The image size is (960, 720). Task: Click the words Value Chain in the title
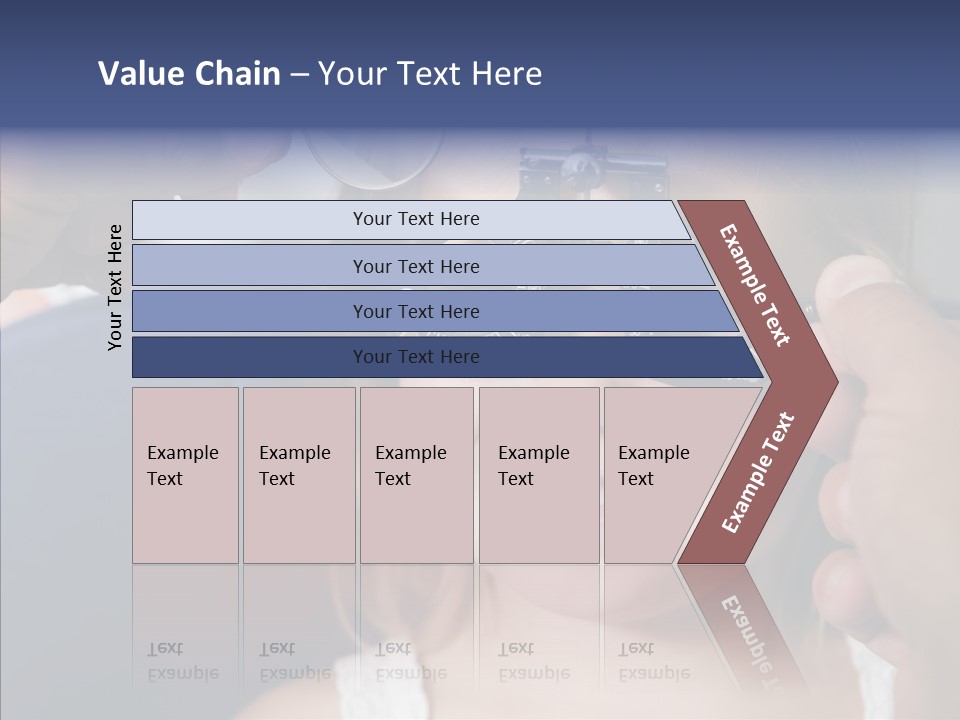[x=189, y=74]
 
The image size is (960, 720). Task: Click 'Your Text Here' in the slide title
[x=430, y=74]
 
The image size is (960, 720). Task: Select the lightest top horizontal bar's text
[x=416, y=219]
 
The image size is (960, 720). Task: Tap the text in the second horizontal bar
[x=416, y=267]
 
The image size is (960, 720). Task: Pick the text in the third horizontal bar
[x=416, y=312]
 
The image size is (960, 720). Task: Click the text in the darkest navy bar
[x=416, y=357]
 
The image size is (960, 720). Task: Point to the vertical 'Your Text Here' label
[x=115, y=287]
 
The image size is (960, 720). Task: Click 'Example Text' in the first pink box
[x=182, y=466]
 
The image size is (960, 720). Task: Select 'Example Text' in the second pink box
[x=294, y=466]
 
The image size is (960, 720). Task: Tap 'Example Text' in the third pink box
[x=410, y=466]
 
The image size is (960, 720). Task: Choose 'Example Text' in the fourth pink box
[x=533, y=466]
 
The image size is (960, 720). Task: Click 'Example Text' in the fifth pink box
[x=653, y=466]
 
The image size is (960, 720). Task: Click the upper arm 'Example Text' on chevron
[x=755, y=285]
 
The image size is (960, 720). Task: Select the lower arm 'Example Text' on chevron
[x=758, y=473]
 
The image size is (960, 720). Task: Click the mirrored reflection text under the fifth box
[x=653, y=661]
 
